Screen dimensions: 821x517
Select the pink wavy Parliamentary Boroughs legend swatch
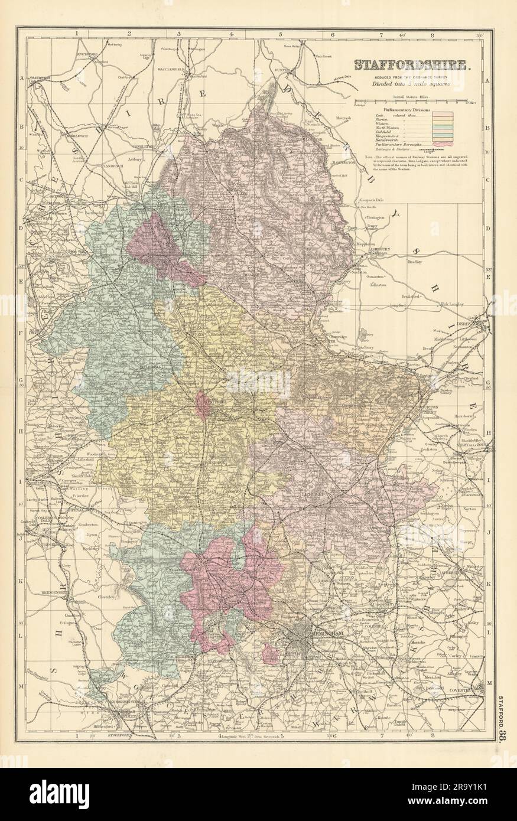(x=441, y=143)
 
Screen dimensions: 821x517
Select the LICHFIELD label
(x=311, y=492)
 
